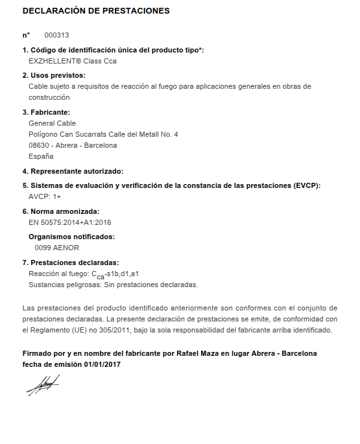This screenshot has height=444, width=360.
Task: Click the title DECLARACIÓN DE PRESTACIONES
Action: [x=96, y=11]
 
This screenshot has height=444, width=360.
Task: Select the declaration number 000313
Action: [x=56, y=34]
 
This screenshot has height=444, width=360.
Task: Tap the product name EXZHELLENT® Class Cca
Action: [x=73, y=62]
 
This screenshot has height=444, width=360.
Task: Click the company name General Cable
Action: [x=53, y=123]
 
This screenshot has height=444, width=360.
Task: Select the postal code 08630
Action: [x=40, y=145]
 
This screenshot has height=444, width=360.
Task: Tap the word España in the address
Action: [x=42, y=156]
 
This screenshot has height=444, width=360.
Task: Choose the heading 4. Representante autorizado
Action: [x=73, y=171]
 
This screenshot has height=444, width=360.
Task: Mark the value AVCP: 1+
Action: [x=45, y=196]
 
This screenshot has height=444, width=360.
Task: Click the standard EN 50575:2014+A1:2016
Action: [x=70, y=222]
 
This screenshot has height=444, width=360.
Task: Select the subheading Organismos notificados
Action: [x=71, y=237]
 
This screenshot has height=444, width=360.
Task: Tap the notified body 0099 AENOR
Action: [x=56, y=248]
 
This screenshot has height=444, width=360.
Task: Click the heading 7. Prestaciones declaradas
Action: [x=71, y=263]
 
